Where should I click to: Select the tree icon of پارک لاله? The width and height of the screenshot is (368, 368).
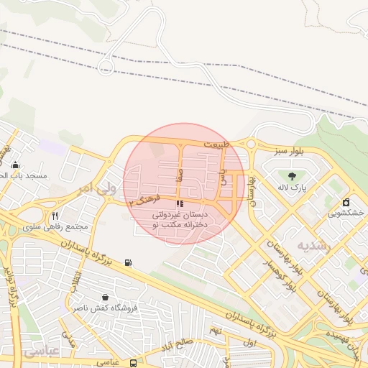292,176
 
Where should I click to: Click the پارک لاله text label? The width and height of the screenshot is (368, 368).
293,188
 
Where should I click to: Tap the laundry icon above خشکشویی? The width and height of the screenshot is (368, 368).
346,202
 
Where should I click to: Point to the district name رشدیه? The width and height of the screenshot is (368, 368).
318,245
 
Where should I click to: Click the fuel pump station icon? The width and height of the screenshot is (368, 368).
128,262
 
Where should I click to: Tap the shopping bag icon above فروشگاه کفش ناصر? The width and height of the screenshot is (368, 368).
106,297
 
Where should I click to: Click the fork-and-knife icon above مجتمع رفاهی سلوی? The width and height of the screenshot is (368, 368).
55,215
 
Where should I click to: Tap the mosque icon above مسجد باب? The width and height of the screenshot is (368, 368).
15,165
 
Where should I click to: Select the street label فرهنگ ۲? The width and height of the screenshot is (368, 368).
141,201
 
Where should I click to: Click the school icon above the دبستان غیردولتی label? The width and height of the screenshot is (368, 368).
179,203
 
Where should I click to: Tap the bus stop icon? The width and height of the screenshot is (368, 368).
134,363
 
